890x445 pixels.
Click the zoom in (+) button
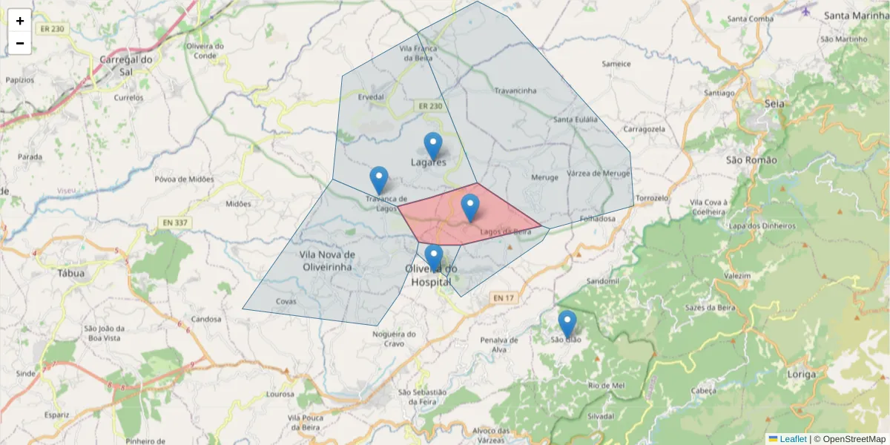click(20, 21)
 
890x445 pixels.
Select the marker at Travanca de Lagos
click(379, 180)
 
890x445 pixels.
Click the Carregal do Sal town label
click(126, 65)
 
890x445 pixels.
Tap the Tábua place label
click(71, 272)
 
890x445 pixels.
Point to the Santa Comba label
click(751, 19)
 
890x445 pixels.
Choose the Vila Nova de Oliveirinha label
click(327, 260)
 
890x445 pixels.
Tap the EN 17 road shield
click(503, 298)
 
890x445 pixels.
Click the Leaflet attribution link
click(792, 439)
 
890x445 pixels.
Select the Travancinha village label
click(515, 91)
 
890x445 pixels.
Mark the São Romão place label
click(751, 160)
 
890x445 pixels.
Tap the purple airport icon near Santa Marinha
click(807, 11)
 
